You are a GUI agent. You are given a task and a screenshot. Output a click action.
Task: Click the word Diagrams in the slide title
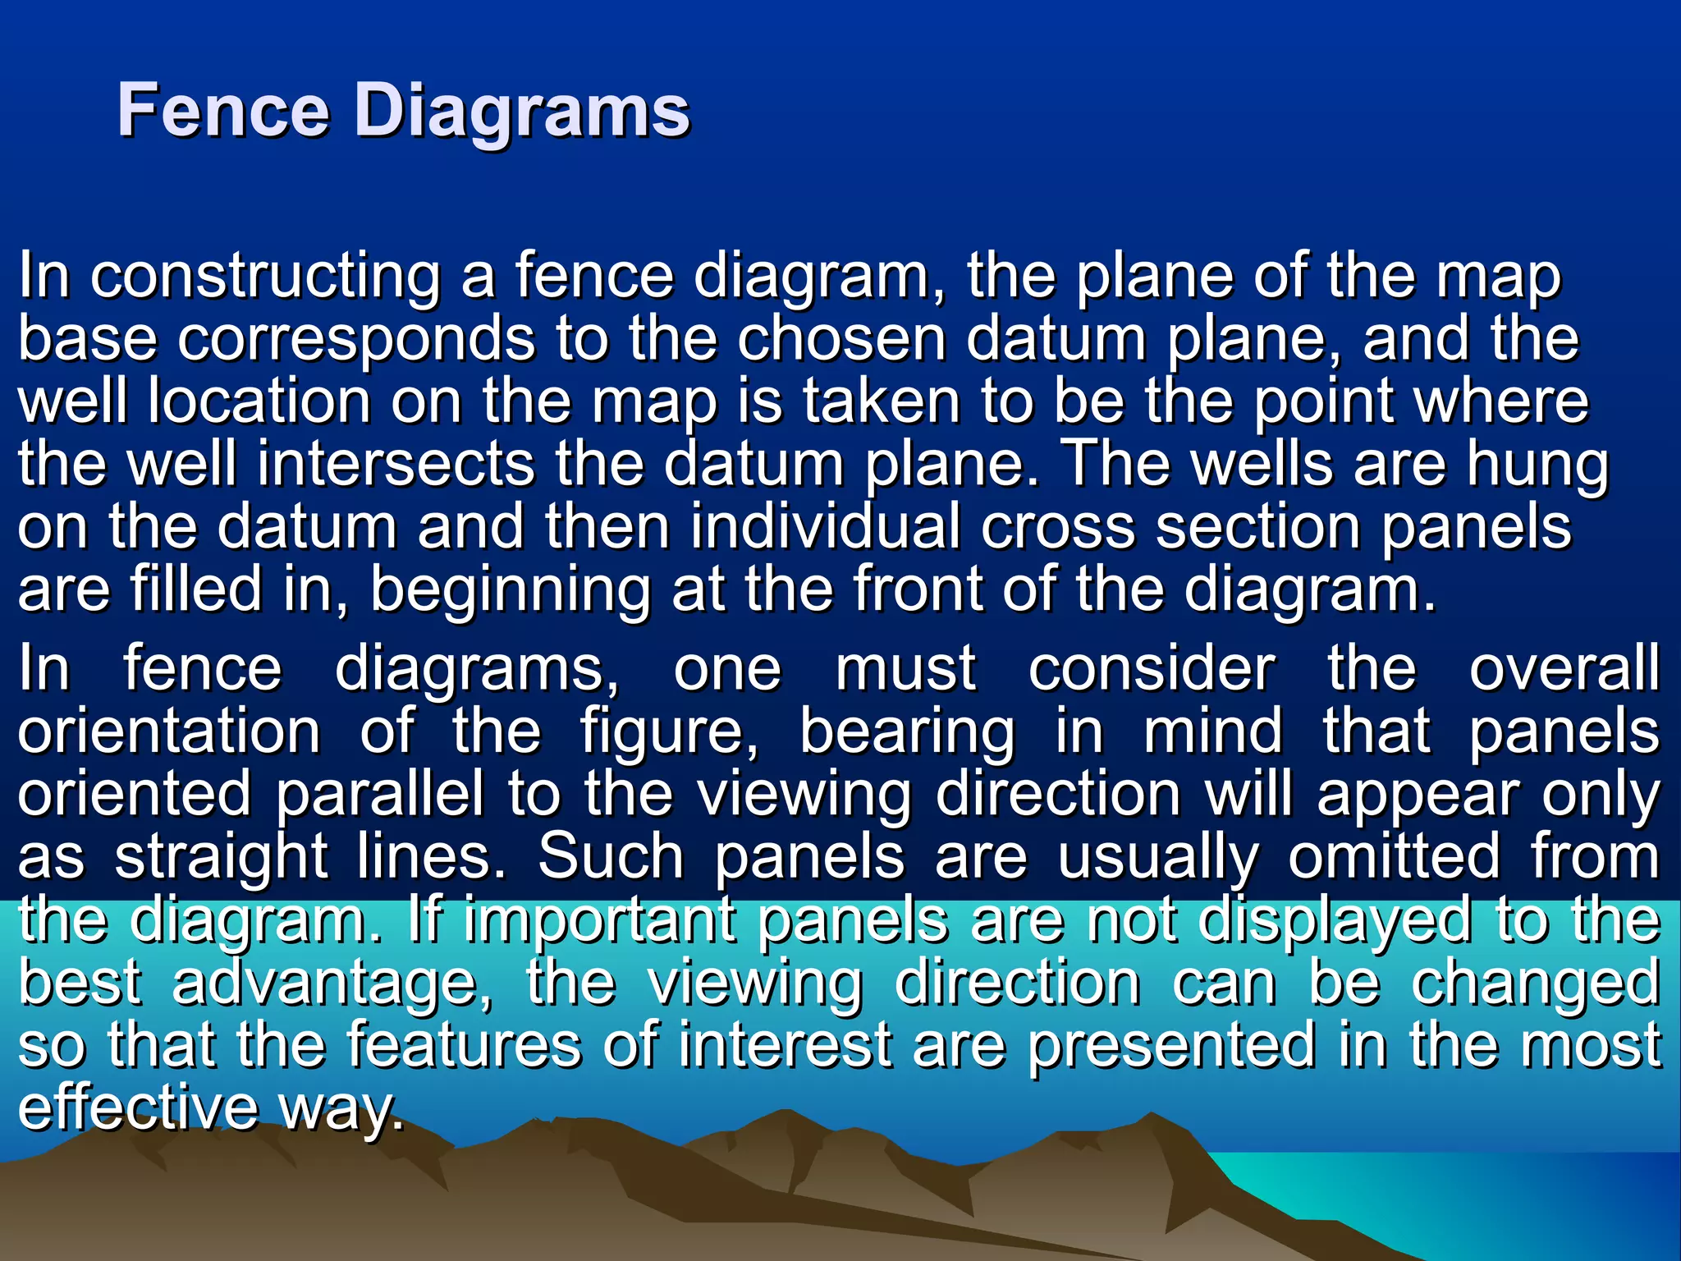coord(522,112)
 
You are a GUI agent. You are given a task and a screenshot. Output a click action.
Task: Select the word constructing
coord(265,277)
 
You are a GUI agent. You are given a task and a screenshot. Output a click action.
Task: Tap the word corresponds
coord(356,340)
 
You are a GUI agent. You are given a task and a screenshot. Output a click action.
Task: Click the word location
coord(259,401)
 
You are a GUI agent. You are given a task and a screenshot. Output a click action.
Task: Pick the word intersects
coord(396,464)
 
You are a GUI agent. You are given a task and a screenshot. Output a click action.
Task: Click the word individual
coord(825,526)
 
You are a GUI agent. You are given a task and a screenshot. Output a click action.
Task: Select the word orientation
coord(169,731)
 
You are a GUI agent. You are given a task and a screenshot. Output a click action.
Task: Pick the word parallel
coord(380,795)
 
